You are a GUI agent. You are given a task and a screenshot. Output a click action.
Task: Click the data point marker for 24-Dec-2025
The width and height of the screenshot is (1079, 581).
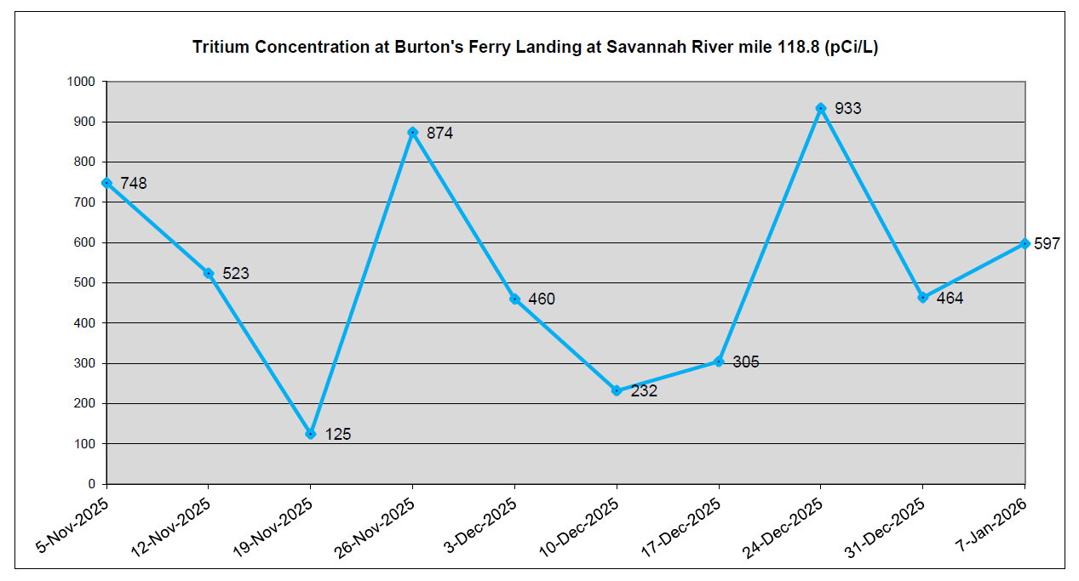821,108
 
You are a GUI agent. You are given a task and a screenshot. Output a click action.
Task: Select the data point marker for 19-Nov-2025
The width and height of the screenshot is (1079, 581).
311,434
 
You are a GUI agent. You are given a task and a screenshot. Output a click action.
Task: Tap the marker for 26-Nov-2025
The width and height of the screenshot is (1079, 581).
412,132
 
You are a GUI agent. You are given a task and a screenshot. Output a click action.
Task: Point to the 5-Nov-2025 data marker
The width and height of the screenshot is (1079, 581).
106,183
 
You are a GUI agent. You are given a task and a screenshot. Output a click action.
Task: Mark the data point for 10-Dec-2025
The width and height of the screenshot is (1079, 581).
617,390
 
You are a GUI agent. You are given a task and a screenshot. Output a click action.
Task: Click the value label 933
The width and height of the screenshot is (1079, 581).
848,109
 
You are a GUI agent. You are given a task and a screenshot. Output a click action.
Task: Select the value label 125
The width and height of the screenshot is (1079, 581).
338,435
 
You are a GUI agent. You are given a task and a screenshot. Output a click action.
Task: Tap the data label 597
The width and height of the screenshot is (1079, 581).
1047,244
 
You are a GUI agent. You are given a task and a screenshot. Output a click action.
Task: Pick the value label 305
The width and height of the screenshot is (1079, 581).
746,362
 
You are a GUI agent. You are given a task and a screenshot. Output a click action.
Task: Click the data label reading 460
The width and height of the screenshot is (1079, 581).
542,299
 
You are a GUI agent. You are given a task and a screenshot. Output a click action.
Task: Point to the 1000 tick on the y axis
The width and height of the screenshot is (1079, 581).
83,82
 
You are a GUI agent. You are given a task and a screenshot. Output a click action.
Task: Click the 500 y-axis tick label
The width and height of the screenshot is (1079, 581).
87,282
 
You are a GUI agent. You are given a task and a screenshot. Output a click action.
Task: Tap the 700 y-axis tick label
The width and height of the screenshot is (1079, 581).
87,202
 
